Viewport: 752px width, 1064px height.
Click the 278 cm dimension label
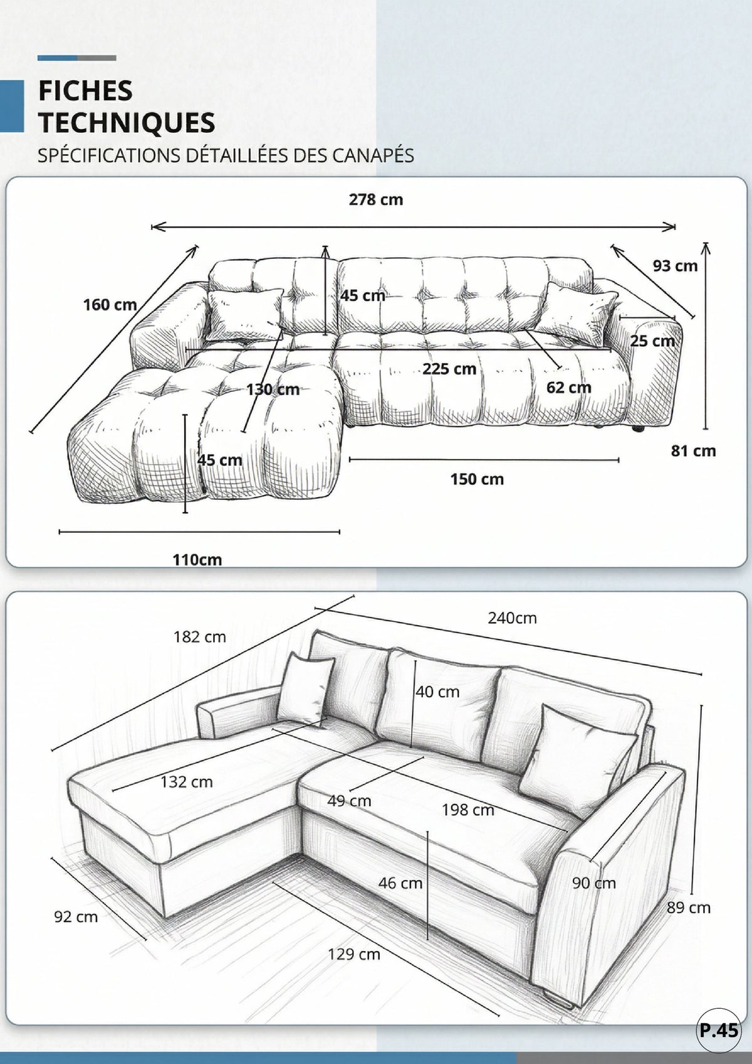376,200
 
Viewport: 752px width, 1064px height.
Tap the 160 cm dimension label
110,305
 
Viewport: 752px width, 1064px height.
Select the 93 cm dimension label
675,266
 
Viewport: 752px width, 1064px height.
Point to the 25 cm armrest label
652,341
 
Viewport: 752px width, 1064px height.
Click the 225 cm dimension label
449,369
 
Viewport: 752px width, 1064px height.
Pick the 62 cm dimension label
569,387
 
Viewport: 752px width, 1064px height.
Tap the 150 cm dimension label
477,479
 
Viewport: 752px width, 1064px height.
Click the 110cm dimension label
197,560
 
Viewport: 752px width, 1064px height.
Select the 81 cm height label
693,451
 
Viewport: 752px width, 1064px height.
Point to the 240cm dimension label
512,618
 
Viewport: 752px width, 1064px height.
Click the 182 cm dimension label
199,637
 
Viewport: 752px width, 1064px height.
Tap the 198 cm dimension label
468,810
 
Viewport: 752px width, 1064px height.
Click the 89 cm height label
688,908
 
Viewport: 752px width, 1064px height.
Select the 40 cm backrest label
437,692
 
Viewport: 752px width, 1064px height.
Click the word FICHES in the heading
85,91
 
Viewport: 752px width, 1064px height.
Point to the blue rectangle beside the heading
12,106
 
